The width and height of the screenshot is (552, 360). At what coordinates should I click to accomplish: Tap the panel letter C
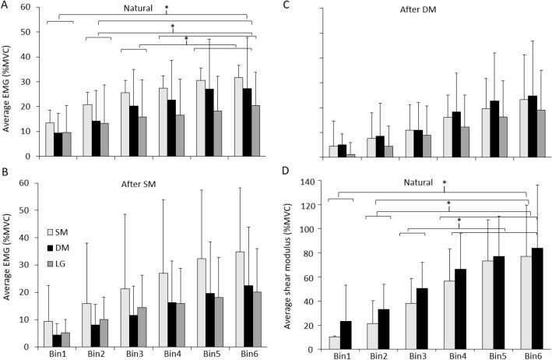pos(288,5)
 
